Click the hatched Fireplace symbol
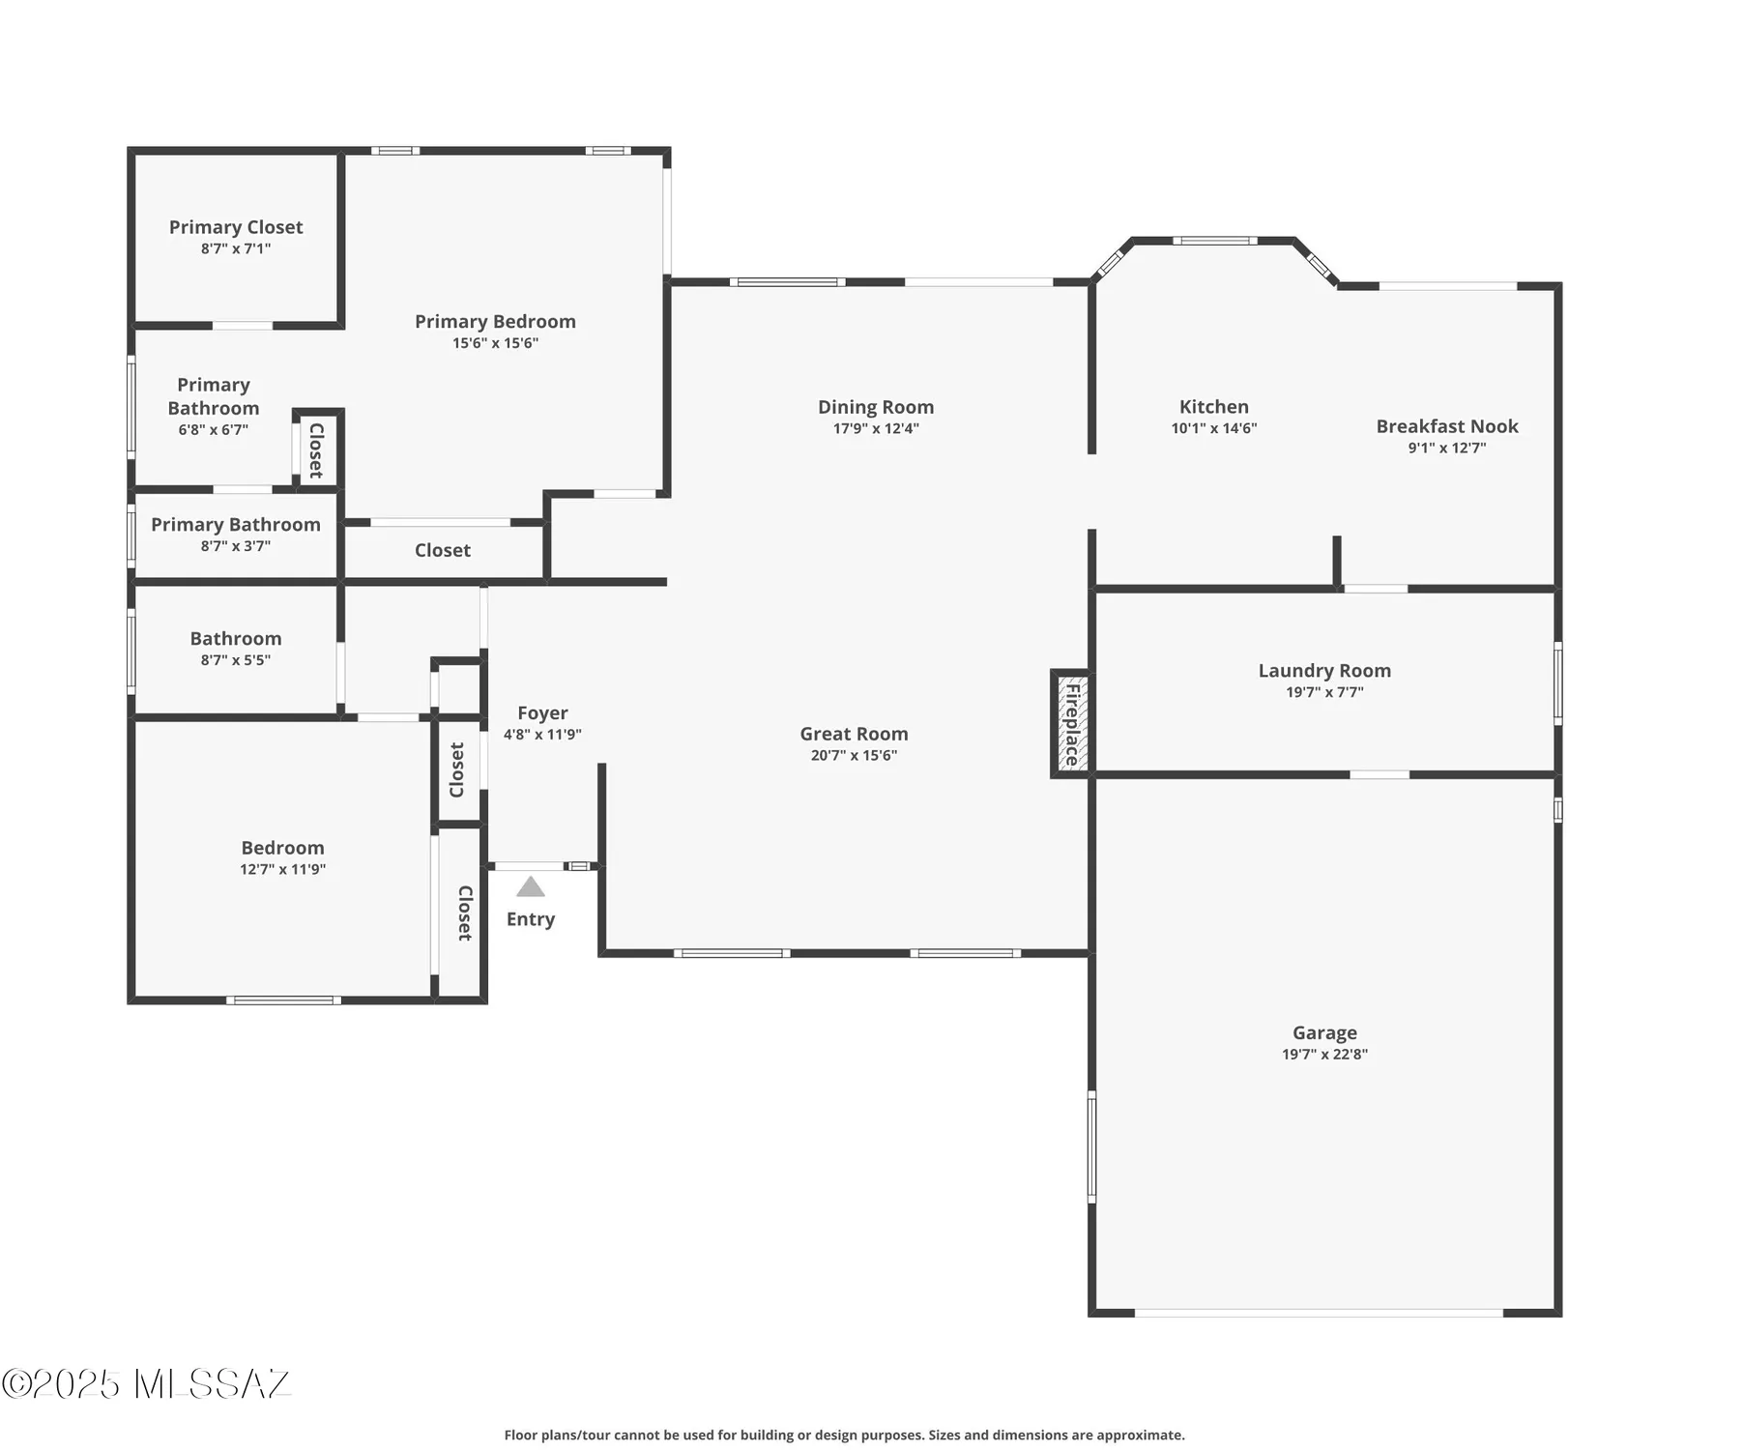(x=1071, y=723)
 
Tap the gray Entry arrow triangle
(x=530, y=886)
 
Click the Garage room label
(x=1323, y=1032)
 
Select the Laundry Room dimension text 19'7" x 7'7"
(x=1323, y=692)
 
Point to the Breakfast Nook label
(x=1446, y=426)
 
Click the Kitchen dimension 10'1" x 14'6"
(x=1213, y=428)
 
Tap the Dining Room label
(x=875, y=407)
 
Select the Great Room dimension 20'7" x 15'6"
(x=854, y=756)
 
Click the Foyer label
(x=542, y=713)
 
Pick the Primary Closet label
(x=236, y=227)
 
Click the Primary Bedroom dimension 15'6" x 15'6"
(x=495, y=343)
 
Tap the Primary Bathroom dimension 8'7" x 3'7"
(x=236, y=546)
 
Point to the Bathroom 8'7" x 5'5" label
(x=236, y=639)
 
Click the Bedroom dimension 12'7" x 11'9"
(x=282, y=869)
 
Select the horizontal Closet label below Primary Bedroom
(x=442, y=550)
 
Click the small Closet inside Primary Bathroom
(x=316, y=450)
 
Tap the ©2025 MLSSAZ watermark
(x=145, y=1383)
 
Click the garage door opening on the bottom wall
(x=1318, y=1312)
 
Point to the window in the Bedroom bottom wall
(x=283, y=1000)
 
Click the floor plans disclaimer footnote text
(x=844, y=1435)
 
